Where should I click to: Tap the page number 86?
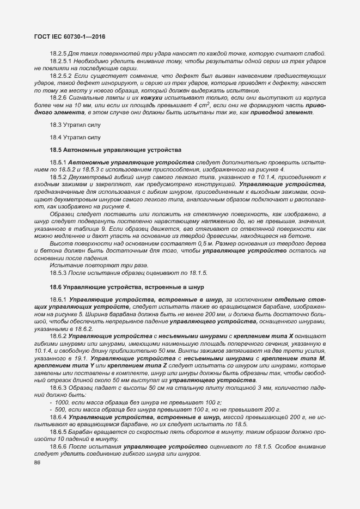click(x=37, y=462)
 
